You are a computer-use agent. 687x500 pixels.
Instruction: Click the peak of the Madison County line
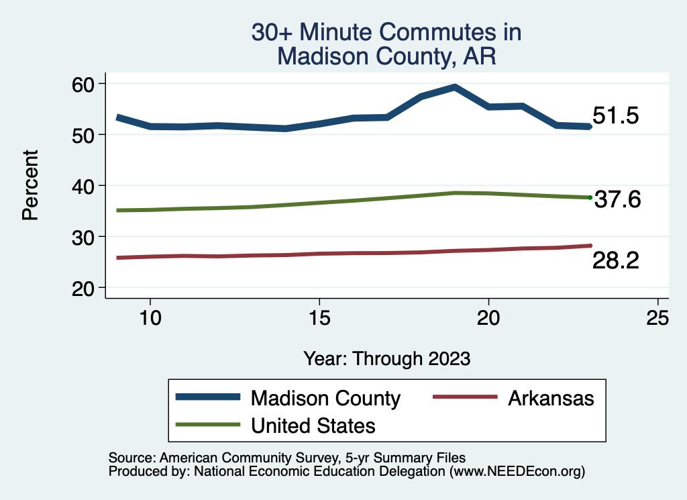455,87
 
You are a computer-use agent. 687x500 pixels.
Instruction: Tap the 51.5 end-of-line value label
615,116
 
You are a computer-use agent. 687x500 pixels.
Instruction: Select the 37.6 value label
618,199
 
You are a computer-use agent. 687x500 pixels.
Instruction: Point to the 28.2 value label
615,261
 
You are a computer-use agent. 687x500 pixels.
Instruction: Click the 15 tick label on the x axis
319,317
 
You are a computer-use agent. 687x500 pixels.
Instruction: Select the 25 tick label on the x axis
657,317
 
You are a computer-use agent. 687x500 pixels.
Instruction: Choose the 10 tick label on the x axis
150,317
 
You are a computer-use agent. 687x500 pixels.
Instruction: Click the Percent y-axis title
30,185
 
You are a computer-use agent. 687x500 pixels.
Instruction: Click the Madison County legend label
325,398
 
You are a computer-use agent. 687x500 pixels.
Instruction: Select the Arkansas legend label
551,398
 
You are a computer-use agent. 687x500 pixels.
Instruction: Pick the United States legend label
313,426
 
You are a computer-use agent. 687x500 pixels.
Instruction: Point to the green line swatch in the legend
208,425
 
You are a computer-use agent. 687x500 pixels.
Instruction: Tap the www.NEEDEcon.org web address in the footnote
517,472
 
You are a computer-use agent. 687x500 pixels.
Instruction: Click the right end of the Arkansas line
590,246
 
